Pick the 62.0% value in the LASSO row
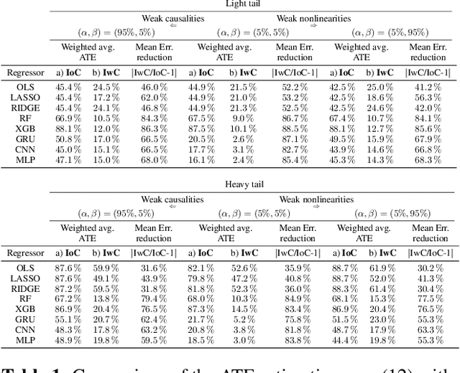pos(154,98)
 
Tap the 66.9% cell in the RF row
pos(68,119)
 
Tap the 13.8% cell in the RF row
pos(106,298)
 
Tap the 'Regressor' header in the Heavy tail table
pos(25,252)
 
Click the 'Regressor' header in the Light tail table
pos(25,72)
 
